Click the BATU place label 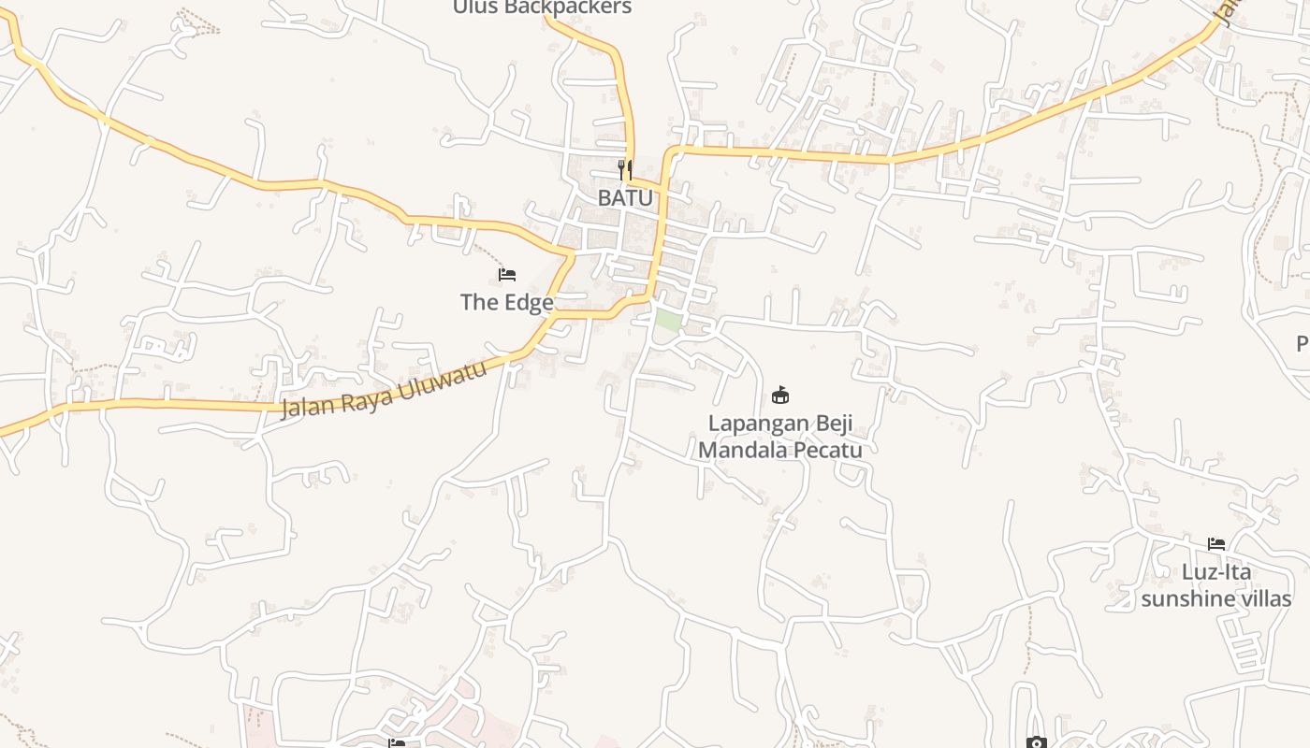pyautogui.click(x=625, y=198)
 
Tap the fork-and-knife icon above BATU pyautogui.click(x=625, y=170)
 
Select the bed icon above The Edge pyautogui.click(x=507, y=275)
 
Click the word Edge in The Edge pyautogui.click(x=529, y=302)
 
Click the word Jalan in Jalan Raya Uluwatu pyautogui.click(x=310, y=406)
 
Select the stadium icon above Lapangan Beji pyautogui.click(x=780, y=396)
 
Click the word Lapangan pyautogui.click(x=753, y=423)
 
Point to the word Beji pyautogui.click(x=831, y=423)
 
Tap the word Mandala pyautogui.click(x=744, y=450)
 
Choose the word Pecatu pyautogui.click(x=828, y=450)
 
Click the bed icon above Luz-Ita pyautogui.click(x=1216, y=544)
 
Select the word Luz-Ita pyautogui.click(x=1216, y=571)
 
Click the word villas pyautogui.click(x=1266, y=598)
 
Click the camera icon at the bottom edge pyautogui.click(x=1036, y=743)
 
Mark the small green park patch pyautogui.click(x=667, y=319)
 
